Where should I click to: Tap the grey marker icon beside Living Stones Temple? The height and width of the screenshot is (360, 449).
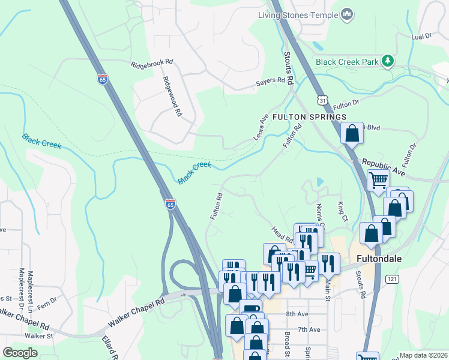[x=346, y=14]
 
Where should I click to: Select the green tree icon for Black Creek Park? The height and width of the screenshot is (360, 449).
[x=388, y=61]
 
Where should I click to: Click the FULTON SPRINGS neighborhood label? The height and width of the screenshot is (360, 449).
[x=310, y=116]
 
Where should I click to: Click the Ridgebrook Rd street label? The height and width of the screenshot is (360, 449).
[x=152, y=62]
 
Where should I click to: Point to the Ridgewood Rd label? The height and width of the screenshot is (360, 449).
[x=170, y=96]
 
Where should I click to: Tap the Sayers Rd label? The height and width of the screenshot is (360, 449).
[x=270, y=80]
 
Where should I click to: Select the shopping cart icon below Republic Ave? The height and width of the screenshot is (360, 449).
[x=378, y=179]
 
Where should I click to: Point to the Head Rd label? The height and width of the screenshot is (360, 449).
[x=281, y=232]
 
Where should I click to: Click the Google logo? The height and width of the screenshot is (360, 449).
[x=20, y=353]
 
